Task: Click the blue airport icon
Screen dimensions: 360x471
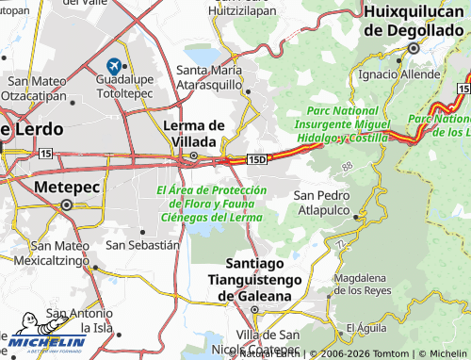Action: [x=116, y=66]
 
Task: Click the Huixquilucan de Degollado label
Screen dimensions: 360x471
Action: [x=415, y=20]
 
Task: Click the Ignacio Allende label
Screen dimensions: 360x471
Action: [x=399, y=74]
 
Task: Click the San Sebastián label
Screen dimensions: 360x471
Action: [x=142, y=244]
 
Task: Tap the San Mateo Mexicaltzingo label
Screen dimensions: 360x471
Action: [x=60, y=252]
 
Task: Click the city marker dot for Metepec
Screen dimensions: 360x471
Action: [x=67, y=205]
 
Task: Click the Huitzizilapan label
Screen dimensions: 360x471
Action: [x=242, y=16]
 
